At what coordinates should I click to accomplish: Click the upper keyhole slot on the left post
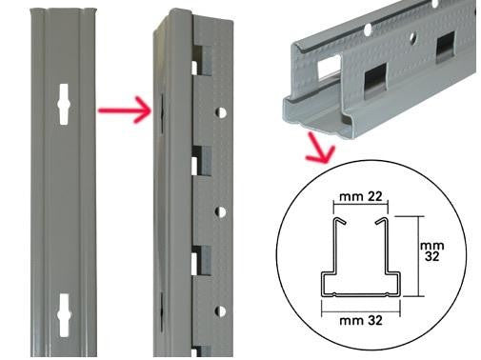coord(64,104)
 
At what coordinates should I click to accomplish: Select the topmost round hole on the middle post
coord(221,112)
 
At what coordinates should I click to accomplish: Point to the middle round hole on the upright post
coord(221,212)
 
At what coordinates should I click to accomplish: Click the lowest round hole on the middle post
coord(221,311)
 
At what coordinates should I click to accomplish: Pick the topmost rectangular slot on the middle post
coord(201,60)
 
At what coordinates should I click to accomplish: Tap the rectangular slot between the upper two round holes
coord(201,161)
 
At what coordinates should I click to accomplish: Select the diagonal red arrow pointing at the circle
coord(319,148)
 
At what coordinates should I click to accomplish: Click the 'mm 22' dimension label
coord(360,197)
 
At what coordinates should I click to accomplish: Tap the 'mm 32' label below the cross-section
coord(361,321)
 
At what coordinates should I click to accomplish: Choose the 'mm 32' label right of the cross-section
coord(431,251)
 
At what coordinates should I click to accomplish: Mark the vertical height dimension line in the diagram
coord(419,256)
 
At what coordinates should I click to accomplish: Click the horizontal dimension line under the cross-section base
coord(361,311)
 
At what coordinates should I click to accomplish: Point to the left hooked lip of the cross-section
coord(339,221)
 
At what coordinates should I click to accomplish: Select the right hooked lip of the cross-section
coord(382,221)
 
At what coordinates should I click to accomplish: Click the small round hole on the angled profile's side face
coord(412,37)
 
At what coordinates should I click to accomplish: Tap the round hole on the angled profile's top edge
coord(368,29)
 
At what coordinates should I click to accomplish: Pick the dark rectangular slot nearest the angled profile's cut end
coord(375,81)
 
